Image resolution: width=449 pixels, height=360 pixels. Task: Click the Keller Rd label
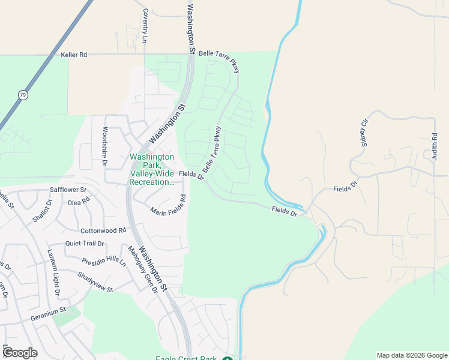(74, 55)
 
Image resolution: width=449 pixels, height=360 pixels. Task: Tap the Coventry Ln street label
(145, 26)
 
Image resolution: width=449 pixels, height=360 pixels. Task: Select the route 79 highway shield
(22, 95)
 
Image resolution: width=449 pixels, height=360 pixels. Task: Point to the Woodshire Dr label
(104, 146)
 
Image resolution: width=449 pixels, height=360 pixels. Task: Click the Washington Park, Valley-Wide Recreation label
(152, 169)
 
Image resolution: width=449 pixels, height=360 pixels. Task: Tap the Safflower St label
(68, 190)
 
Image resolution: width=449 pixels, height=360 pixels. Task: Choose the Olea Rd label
(79, 202)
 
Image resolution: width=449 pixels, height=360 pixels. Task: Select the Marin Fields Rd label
(168, 211)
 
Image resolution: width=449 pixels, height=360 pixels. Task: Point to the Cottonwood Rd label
(103, 230)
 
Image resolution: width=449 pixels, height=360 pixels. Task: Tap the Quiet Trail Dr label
(85, 244)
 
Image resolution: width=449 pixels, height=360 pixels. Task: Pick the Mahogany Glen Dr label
(143, 269)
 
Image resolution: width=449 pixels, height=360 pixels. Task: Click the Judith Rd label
(433, 146)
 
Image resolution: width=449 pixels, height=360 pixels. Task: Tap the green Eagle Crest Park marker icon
(227, 359)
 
